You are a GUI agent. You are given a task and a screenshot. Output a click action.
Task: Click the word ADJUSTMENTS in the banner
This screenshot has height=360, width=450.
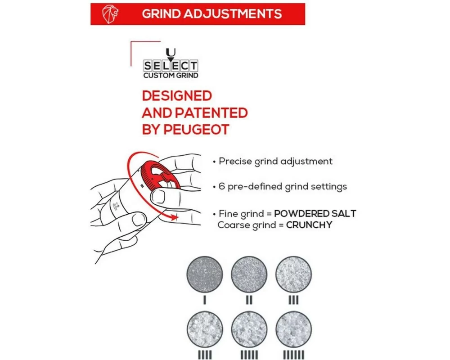(x=233, y=14)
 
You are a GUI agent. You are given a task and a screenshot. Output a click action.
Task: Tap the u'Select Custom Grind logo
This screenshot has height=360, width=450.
(x=171, y=63)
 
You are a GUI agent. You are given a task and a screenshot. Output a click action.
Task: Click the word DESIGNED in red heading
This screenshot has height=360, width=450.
(x=177, y=96)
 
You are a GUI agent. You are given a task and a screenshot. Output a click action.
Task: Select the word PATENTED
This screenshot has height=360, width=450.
(x=211, y=113)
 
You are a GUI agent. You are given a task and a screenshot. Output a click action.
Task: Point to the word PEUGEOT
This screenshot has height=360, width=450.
(x=196, y=130)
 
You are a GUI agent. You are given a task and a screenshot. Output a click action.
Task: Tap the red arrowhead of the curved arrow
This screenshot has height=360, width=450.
(x=173, y=217)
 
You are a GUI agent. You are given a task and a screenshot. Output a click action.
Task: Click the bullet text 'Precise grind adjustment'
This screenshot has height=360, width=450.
(x=275, y=162)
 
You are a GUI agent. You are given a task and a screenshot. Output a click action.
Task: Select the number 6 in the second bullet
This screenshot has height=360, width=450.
(x=221, y=186)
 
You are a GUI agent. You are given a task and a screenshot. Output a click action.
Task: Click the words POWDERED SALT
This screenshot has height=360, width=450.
(x=315, y=214)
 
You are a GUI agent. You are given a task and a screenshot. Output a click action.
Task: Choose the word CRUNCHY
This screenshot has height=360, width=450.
(x=309, y=225)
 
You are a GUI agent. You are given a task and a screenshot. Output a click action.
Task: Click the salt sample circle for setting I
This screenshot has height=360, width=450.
(x=205, y=274)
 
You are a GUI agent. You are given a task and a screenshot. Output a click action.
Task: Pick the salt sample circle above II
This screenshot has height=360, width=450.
(x=249, y=274)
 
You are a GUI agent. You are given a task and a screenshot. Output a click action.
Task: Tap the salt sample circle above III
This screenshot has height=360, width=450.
(x=293, y=274)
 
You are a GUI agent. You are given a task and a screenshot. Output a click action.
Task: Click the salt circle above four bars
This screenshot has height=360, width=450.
(x=205, y=329)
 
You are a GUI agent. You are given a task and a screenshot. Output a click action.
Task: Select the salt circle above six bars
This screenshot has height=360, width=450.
(x=293, y=329)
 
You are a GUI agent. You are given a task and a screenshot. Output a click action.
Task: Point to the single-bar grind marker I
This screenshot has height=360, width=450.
(x=205, y=300)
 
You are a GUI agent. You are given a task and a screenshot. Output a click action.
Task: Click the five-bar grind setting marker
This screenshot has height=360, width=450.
(x=249, y=355)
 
